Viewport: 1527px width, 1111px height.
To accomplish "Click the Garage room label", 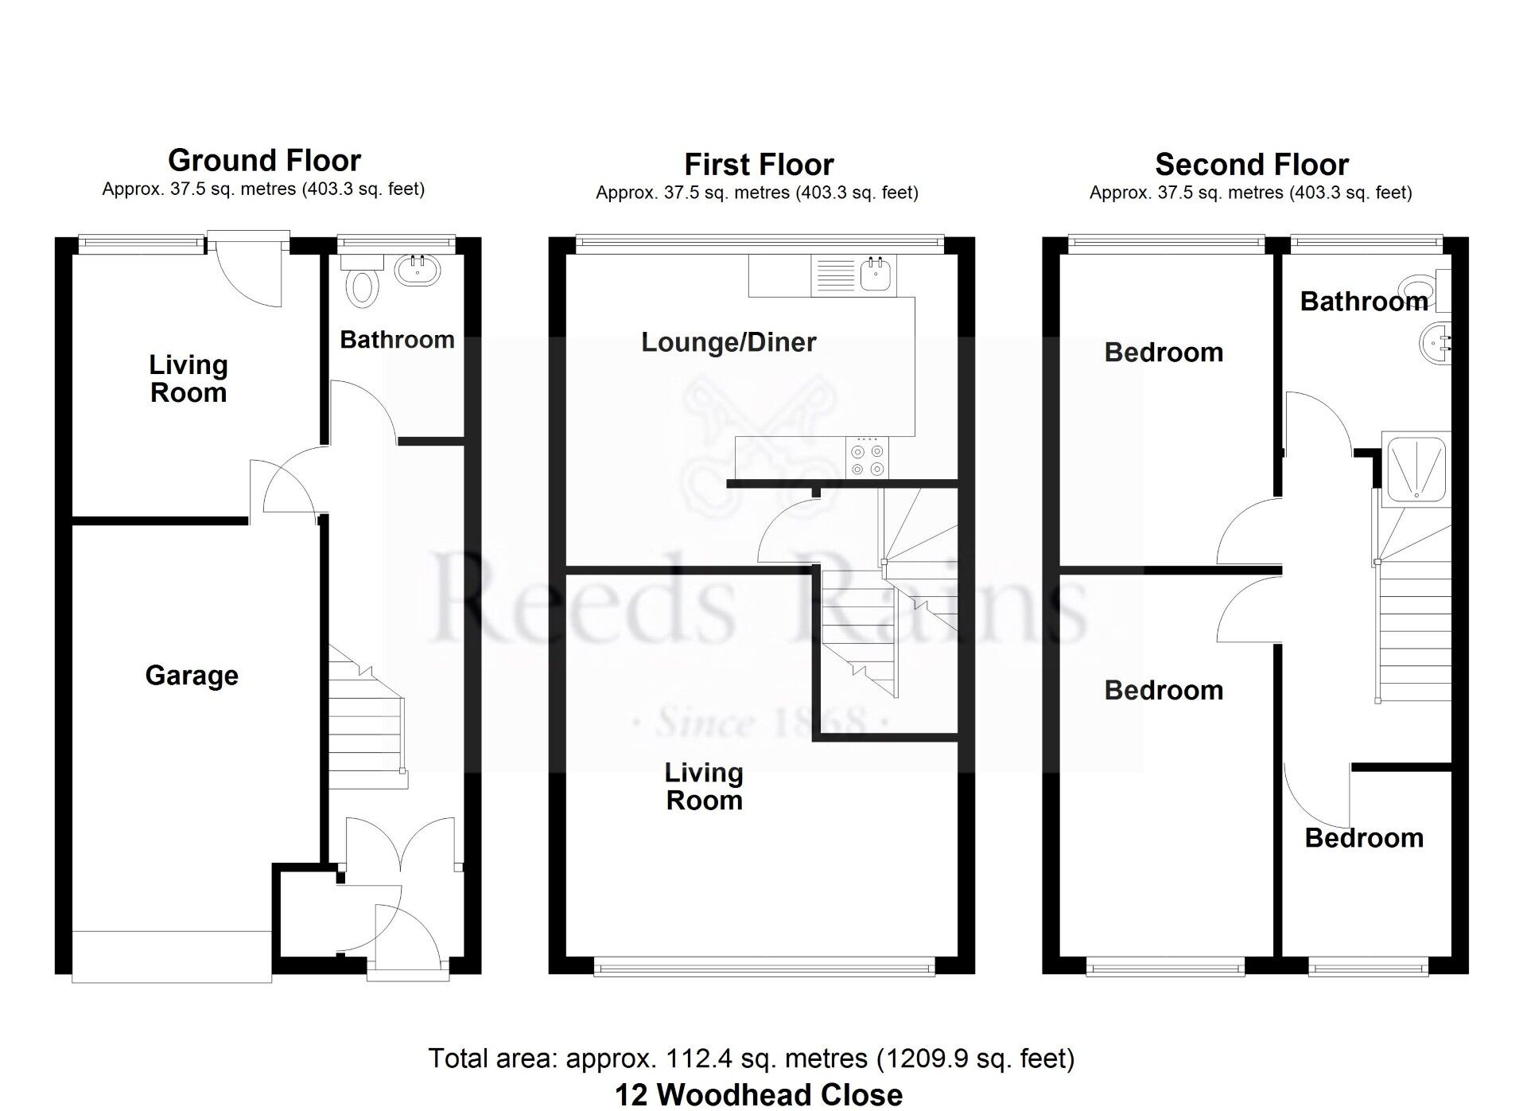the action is [x=192, y=676].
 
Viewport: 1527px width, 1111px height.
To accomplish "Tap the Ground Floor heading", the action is [x=264, y=161].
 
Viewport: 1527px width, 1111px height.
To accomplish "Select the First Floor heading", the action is [x=759, y=165].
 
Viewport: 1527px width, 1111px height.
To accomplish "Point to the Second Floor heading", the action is [x=1252, y=165].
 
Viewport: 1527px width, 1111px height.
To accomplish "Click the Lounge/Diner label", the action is [x=729, y=342].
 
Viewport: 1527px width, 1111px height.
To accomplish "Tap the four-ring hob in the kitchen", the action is [x=867, y=458].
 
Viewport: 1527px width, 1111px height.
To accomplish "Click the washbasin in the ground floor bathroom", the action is [x=417, y=270].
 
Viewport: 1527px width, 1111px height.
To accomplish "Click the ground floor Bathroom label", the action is [x=397, y=340].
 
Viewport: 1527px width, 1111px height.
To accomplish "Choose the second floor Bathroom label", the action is [x=1363, y=302].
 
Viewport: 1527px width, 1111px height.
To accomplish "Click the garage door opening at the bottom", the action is [x=172, y=956].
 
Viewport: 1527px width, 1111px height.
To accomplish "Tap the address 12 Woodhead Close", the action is [x=759, y=1094].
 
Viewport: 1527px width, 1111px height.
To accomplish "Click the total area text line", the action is [x=752, y=1058].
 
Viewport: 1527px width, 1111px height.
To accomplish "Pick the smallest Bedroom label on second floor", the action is [x=1364, y=838].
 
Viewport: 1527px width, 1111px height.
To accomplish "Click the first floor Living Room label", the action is [x=704, y=786].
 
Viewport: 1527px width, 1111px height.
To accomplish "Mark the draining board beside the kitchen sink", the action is [x=835, y=275].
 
